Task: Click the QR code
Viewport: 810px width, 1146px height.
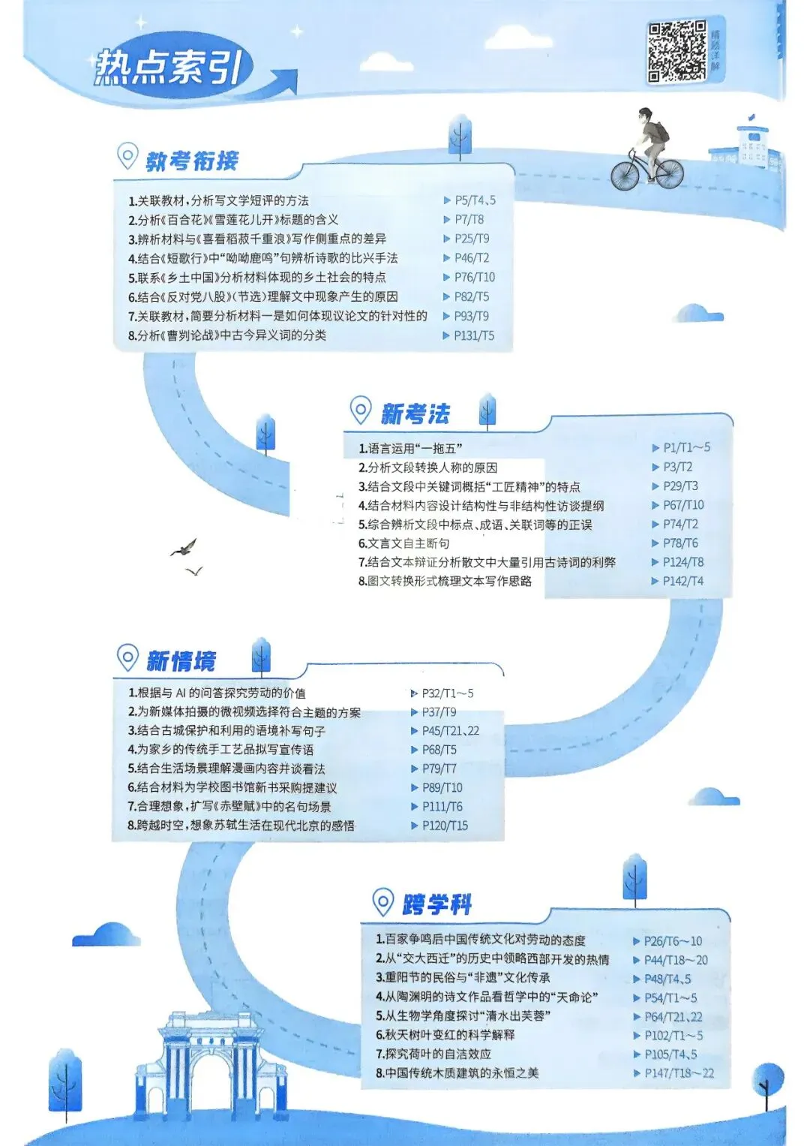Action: point(676,51)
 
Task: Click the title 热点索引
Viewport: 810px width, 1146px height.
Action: point(168,68)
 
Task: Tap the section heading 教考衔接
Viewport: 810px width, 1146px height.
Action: point(192,161)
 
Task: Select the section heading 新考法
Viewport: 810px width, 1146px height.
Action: point(415,414)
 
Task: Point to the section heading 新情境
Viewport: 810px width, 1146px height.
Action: point(181,661)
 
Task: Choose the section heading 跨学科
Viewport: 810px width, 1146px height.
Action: point(437,904)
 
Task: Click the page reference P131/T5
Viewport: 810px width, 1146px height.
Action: point(474,335)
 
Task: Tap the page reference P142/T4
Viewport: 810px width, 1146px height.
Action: point(682,581)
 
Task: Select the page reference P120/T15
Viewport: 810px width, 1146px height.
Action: point(445,826)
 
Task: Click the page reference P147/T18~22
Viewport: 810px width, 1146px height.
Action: point(679,1073)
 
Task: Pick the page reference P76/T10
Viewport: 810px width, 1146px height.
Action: point(474,277)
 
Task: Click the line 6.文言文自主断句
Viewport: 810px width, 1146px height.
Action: point(404,543)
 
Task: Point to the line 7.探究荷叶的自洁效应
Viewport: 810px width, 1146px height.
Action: point(433,1054)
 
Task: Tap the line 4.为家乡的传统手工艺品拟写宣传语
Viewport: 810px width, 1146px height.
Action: point(220,750)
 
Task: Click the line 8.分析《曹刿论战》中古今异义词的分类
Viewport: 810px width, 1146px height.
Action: point(227,335)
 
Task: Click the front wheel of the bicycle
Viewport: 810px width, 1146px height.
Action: point(625,175)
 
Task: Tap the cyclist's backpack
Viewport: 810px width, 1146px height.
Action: point(658,132)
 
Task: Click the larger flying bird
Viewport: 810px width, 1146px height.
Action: point(184,549)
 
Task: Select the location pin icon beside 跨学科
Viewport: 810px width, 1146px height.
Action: point(383,901)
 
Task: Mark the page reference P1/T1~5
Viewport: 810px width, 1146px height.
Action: point(686,447)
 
